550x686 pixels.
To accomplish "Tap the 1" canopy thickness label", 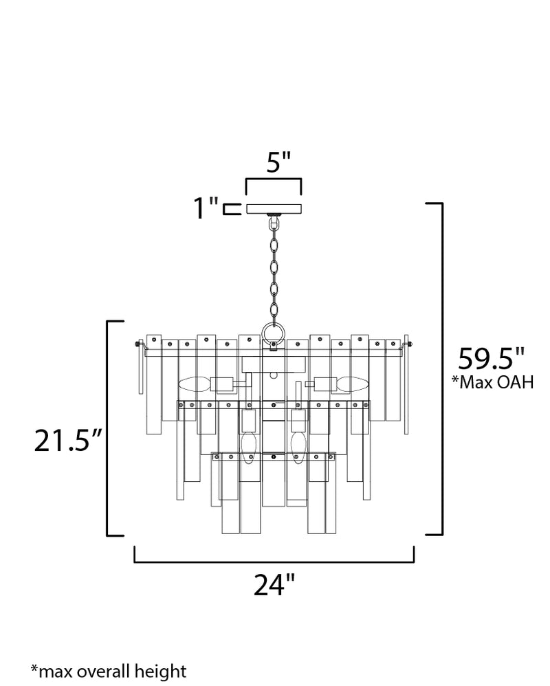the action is point(206,208).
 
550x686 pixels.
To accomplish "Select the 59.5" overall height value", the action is point(491,359).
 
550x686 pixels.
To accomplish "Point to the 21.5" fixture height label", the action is point(68,440).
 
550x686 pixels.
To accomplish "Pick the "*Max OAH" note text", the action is point(493,382).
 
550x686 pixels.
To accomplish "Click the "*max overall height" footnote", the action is point(109,672).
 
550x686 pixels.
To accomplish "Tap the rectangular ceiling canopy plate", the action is point(274,209).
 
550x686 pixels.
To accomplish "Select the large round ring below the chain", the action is point(274,333).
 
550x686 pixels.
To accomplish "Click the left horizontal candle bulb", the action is point(195,384).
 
